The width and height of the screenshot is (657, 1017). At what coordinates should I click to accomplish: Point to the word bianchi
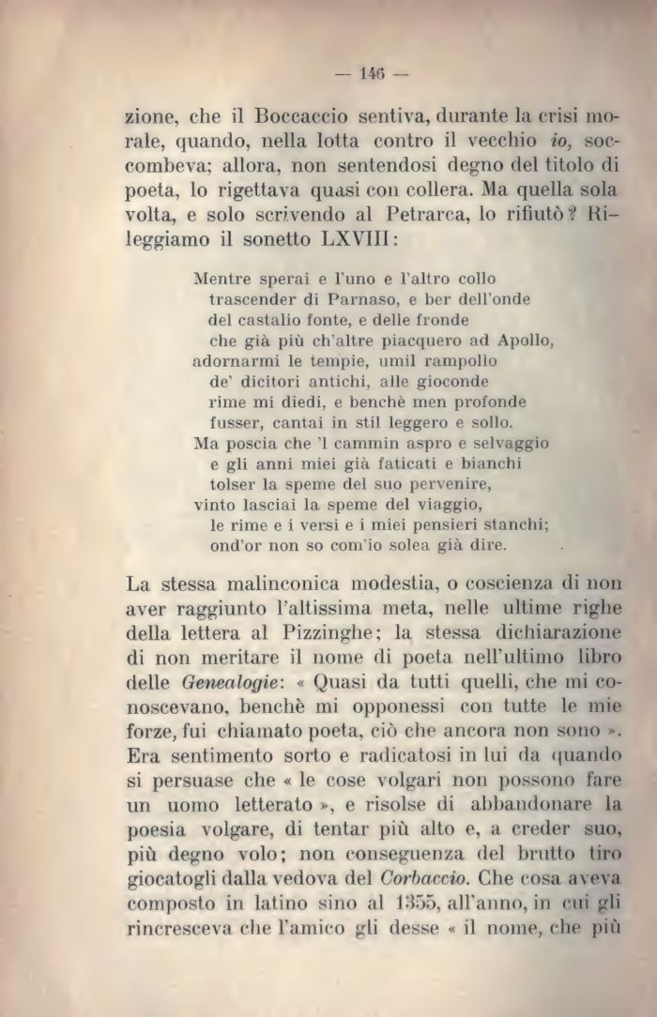pyautogui.click(x=495, y=463)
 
